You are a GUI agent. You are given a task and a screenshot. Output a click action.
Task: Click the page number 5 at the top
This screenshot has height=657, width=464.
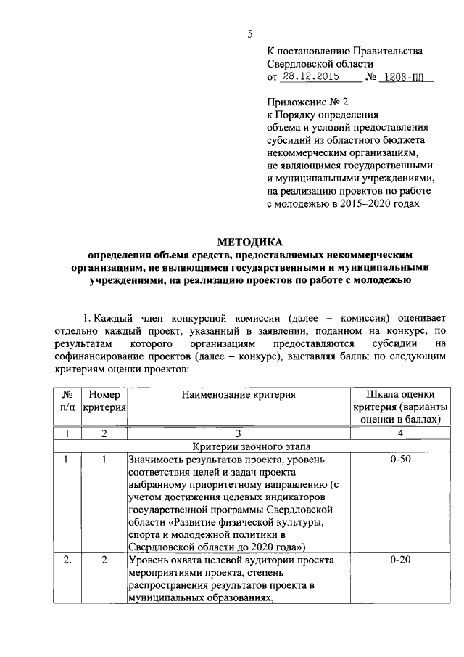250,33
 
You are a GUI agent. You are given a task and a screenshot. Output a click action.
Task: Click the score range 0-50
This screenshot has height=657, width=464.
401,460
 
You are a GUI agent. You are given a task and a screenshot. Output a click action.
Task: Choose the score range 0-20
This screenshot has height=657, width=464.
401,560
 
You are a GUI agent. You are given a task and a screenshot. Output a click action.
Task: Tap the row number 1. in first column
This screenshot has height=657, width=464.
66,460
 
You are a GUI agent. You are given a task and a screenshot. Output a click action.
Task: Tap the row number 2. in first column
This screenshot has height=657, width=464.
66,560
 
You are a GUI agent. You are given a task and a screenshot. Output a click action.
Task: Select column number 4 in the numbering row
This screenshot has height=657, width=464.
401,433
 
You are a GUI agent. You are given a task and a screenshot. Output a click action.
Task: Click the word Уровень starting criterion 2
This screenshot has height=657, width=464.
149,560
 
